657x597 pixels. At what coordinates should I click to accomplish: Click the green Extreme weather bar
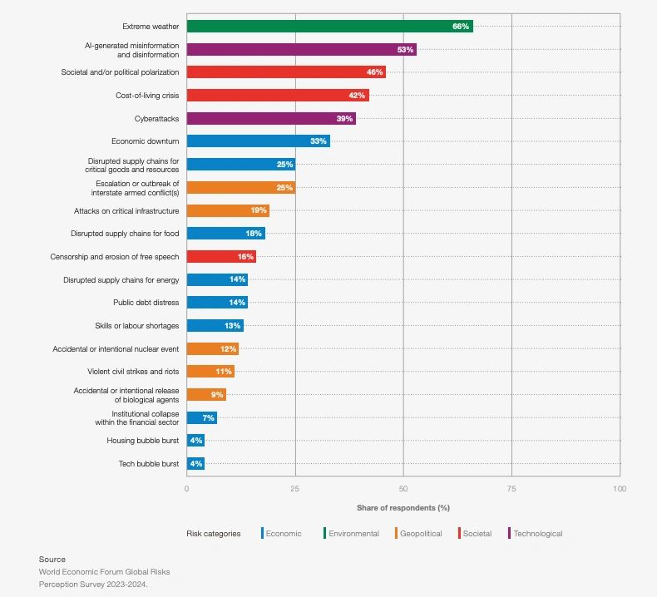(x=329, y=27)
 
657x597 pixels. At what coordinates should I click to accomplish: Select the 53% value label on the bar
(x=405, y=50)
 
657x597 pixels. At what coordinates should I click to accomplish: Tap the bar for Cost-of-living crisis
(x=277, y=96)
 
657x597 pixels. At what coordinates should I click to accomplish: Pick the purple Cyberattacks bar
(x=270, y=119)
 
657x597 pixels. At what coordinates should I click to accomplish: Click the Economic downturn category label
(x=145, y=141)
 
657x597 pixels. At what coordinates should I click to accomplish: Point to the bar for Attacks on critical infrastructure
(x=227, y=211)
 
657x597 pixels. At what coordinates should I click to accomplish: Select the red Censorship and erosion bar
(x=220, y=257)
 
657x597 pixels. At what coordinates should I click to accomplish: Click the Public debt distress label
(x=146, y=303)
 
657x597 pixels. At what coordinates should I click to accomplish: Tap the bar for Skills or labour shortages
(x=215, y=326)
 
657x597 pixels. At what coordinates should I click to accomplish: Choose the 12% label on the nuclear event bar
(x=228, y=349)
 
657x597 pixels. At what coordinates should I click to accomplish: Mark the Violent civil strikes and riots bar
(x=210, y=372)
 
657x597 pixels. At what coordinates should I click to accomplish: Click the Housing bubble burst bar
(x=195, y=441)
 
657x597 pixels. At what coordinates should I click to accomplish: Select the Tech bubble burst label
(x=148, y=464)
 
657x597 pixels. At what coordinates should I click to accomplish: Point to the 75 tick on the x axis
(x=511, y=489)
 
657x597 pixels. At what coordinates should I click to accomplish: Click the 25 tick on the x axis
(x=294, y=489)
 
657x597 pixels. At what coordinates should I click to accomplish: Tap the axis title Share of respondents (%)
(x=403, y=507)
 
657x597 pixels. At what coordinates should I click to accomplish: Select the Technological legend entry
(x=537, y=534)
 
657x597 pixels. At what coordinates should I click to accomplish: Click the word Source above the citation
(x=52, y=560)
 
